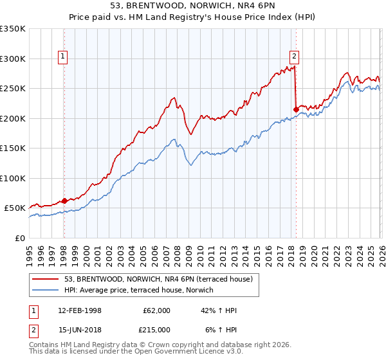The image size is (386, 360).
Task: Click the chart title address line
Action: tap(193, 6)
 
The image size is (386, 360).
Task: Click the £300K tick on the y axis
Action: tap(13, 59)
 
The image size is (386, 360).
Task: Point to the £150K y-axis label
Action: tap(13, 148)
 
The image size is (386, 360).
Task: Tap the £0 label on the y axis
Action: tap(20, 238)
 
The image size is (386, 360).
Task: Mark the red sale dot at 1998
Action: tap(64, 201)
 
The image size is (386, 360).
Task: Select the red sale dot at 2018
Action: tap(295, 109)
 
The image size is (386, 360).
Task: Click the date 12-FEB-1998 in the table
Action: tap(79, 310)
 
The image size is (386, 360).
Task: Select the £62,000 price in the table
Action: tap(157, 310)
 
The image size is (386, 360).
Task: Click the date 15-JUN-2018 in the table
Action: tap(79, 329)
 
